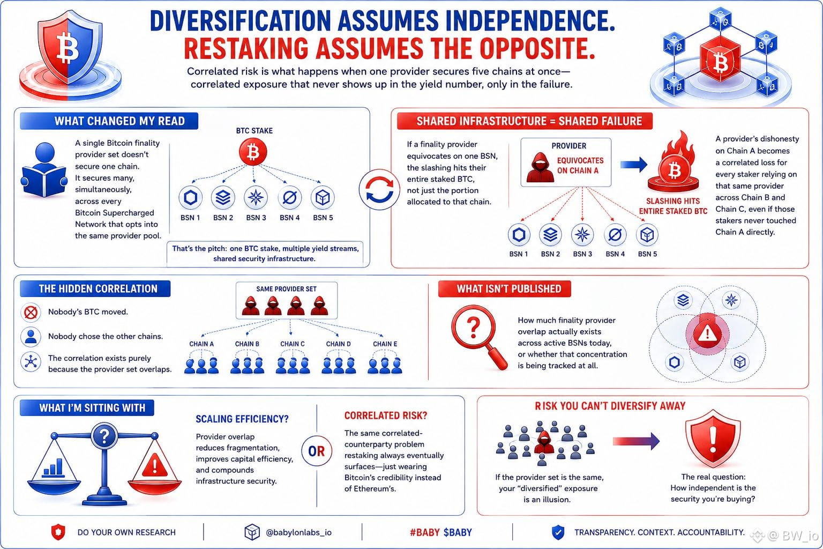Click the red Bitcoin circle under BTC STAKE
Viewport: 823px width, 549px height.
[253, 152]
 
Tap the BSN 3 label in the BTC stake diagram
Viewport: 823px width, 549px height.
[256, 218]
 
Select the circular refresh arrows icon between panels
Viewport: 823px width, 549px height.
[379, 189]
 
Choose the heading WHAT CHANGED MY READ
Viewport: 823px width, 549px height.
[119, 121]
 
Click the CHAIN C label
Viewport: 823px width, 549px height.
[292, 344]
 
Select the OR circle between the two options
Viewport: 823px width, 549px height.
[316, 451]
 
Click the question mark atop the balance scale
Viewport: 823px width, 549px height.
[104, 436]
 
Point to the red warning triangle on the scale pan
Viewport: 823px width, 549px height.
[154, 465]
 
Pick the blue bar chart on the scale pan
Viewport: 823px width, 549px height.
[53, 468]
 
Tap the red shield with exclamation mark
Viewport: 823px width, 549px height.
[713, 439]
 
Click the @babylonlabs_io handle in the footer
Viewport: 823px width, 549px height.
[298, 532]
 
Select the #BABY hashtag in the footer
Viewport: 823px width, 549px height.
[424, 532]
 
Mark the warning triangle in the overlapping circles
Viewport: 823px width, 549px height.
[707, 333]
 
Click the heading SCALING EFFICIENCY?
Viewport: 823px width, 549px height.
[242, 419]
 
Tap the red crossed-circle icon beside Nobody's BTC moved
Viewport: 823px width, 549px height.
[31, 313]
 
